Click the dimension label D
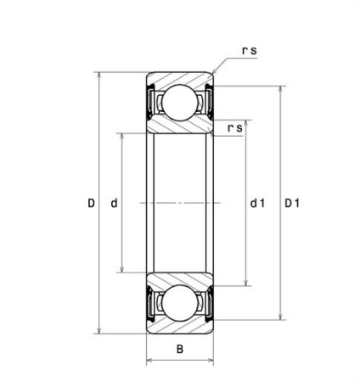(x=91, y=203)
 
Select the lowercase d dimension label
(x=114, y=203)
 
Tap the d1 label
(x=257, y=203)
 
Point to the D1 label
(x=292, y=203)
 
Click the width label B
(x=180, y=349)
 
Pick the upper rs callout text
(x=250, y=50)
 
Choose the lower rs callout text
(x=235, y=128)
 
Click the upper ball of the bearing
(x=179, y=103)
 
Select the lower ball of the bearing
(x=179, y=303)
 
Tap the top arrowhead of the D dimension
(x=98, y=76)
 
